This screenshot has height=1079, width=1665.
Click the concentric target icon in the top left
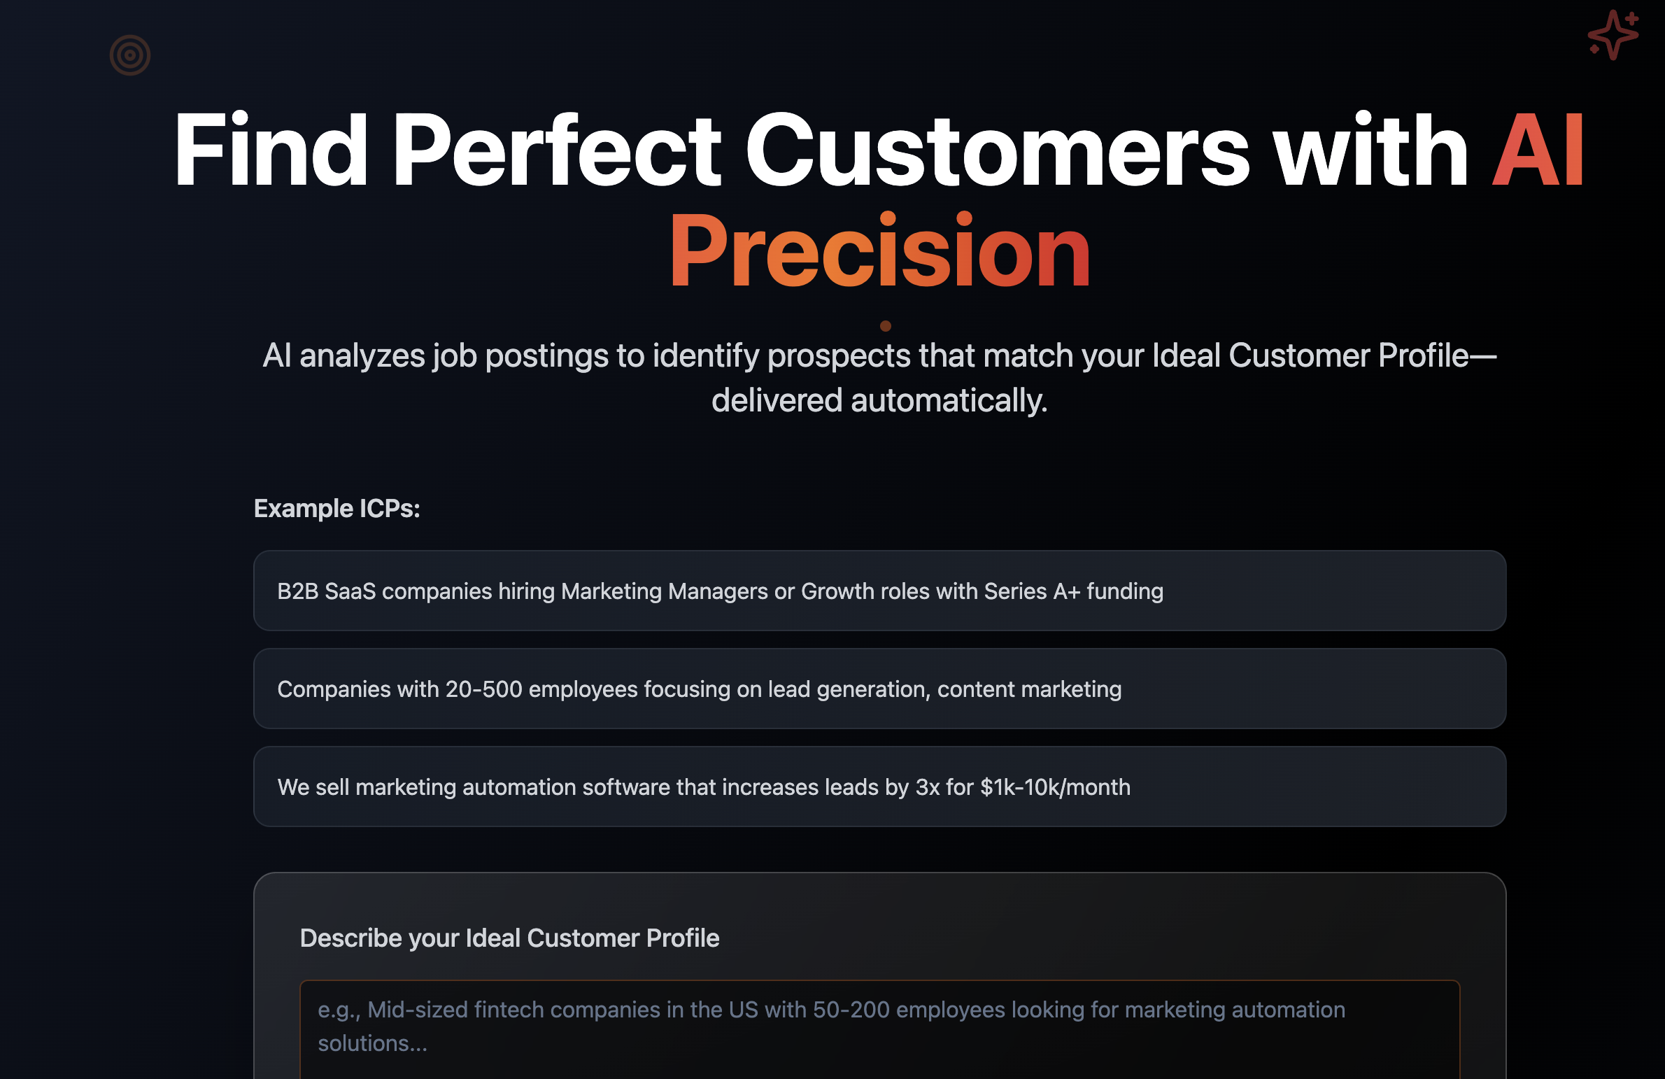[x=130, y=55]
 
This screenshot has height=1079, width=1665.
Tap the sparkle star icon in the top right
[x=1613, y=35]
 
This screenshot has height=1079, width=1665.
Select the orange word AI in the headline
[x=1538, y=150]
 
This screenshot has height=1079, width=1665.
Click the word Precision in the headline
[x=879, y=252]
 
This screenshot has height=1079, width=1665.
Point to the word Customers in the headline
[x=996, y=150]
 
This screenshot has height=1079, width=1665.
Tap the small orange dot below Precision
[x=885, y=326]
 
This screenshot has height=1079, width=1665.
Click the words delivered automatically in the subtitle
[x=879, y=401]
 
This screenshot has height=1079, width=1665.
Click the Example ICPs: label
[x=336, y=509]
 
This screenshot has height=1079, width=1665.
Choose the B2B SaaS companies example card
[x=879, y=591]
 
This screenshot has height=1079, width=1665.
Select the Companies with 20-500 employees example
[x=879, y=689]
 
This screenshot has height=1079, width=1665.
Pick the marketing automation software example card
[x=879, y=787]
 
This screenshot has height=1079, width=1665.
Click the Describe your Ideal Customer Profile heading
[x=509, y=938]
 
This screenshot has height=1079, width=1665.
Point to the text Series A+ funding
[x=1073, y=592]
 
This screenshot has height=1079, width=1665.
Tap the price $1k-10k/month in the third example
[x=1055, y=788]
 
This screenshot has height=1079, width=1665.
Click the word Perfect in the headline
[x=556, y=150]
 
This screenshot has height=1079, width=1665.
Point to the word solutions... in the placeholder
[x=372, y=1044]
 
